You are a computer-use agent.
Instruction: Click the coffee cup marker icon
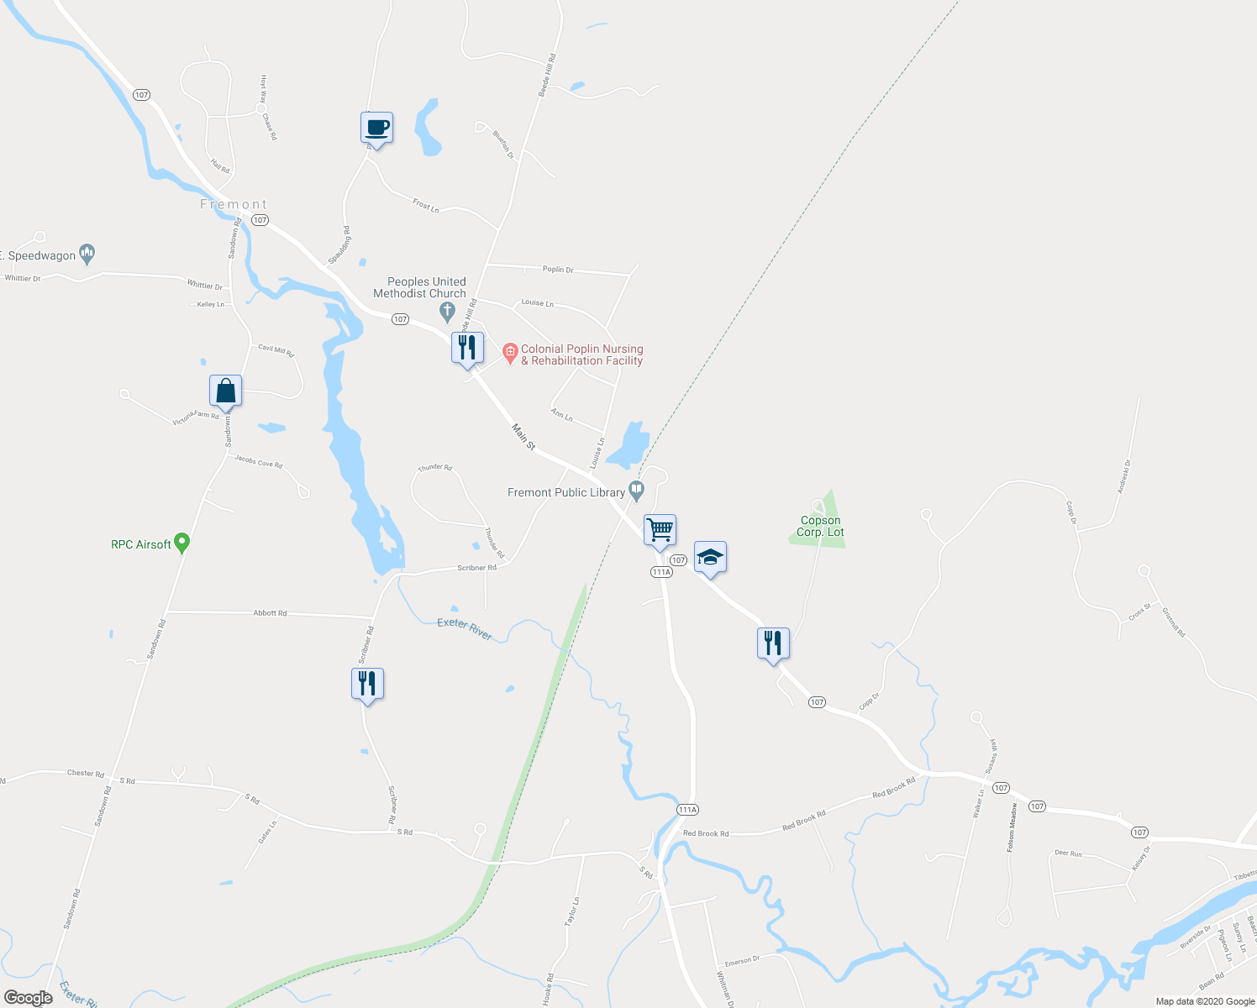point(376,129)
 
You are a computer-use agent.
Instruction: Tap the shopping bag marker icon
point(225,391)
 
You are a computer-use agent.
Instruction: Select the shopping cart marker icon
point(660,531)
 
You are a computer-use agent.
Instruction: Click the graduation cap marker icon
point(710,558)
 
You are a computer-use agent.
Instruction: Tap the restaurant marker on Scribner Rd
point(367,684)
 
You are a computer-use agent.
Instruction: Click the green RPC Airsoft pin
point(181,543)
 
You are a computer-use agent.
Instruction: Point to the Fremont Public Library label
point(565,493)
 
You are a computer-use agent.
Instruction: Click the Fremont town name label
point(234,204)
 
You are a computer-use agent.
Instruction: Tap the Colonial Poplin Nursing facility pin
point(510,353)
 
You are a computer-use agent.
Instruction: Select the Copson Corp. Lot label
point(820,527)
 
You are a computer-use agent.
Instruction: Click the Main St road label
point(523,437)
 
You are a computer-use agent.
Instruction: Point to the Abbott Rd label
point(270,613)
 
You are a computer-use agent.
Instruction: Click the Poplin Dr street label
point(558,270)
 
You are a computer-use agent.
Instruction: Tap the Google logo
point(28,998)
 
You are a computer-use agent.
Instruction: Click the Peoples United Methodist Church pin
point(448,312)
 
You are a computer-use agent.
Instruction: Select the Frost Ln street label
point(426,205)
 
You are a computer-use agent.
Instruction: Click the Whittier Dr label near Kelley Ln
point(205,286)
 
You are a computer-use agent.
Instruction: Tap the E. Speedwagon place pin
point(87,252)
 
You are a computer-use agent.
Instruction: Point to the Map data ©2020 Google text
point(1205,1001)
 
